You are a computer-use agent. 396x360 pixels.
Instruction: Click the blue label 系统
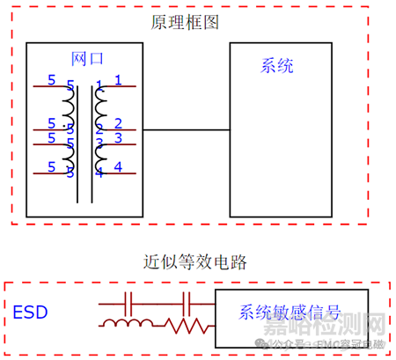click(277, 65)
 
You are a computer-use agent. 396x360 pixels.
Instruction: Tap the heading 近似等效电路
click(195, 262)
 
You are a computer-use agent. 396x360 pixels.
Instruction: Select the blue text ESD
click(31, 312)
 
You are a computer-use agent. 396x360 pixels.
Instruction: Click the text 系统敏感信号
click(289, 312)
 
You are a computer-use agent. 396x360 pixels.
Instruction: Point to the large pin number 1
click(118, 80)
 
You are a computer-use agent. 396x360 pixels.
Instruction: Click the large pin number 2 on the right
click(118, 123)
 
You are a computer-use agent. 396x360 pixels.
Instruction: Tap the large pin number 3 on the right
click(118, 140)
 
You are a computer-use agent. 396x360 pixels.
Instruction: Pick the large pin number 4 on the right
click(118, 166)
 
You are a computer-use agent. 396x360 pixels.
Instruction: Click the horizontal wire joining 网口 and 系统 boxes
click(185, 130)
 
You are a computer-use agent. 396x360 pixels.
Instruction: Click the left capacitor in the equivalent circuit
click(129, 305)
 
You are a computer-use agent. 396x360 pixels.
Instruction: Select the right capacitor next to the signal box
click(186, 305)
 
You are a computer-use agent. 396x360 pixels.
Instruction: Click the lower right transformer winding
click(99, 153)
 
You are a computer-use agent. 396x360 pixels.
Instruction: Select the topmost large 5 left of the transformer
click(51, 80)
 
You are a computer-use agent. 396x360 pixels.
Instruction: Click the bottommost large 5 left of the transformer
click(51, 166)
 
